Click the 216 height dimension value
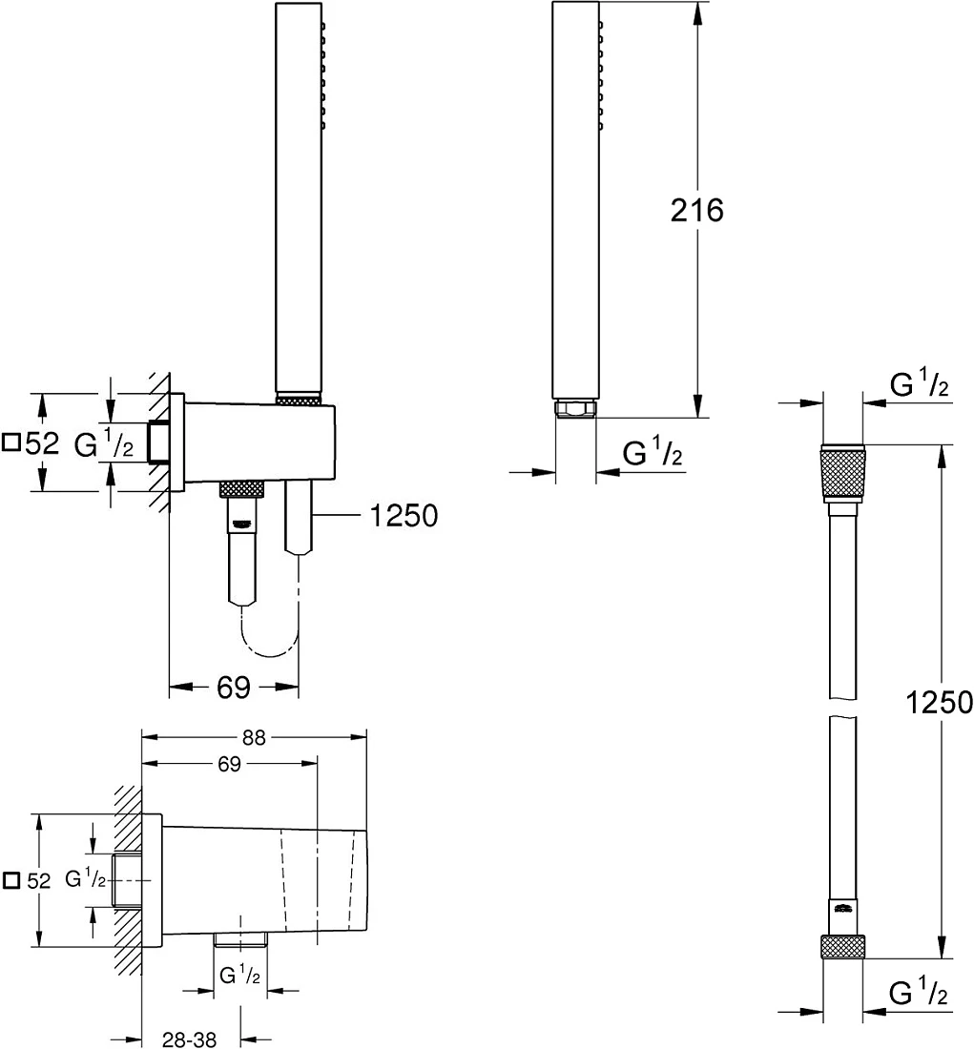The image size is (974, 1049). [x=696, y=210]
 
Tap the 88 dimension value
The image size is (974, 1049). [x=254, y=737]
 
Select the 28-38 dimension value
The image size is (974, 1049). [x=190, y=1039]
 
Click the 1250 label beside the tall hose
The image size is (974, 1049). [x=939, y=703]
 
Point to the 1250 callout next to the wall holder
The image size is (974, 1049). [x=404, y=515]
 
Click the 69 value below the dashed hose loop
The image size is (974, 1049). [x=233, y=687]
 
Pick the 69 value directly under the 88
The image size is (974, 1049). [x=229, y=764]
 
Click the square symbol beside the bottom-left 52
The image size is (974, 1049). [x=10, y=880]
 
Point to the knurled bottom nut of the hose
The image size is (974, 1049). [x=842, y=945]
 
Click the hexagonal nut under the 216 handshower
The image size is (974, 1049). [x=575, y=408]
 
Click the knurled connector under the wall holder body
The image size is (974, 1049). [x=243, y=489]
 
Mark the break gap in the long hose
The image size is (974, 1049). [x=842, y=708]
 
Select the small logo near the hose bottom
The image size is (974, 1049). [x=842, y=907]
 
